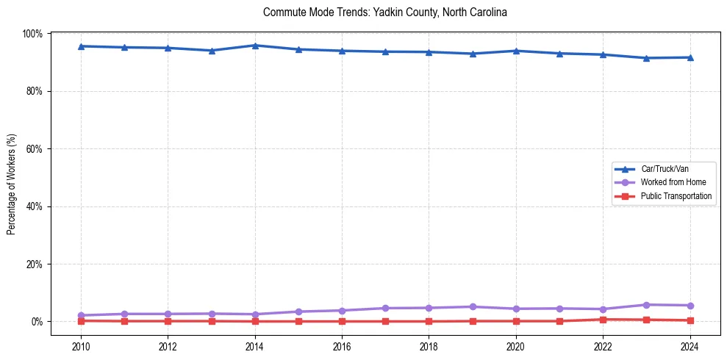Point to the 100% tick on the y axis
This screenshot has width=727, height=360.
(x=33, y=34)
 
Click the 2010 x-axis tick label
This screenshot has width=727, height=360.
(x=81, y=347)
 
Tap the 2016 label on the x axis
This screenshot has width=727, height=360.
(x=342, y=347)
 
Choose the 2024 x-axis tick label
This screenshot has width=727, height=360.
(x=690, y=347)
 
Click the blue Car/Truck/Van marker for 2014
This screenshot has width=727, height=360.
(x=255, y=46)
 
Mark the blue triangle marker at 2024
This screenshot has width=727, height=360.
(x=690, y=57)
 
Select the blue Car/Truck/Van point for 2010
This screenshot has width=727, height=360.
(x=81, y=46)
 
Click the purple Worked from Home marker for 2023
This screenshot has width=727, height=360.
(x=646, y=305)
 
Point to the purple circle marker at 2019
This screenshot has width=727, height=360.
(x=473, y=306)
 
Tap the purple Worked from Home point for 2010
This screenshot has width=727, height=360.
(x=81, y=315)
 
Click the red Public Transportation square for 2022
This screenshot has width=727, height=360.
(x=603, y=320)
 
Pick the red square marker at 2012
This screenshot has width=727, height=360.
(x=168, y=321)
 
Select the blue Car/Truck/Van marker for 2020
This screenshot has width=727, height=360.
(x=516, y=51)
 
